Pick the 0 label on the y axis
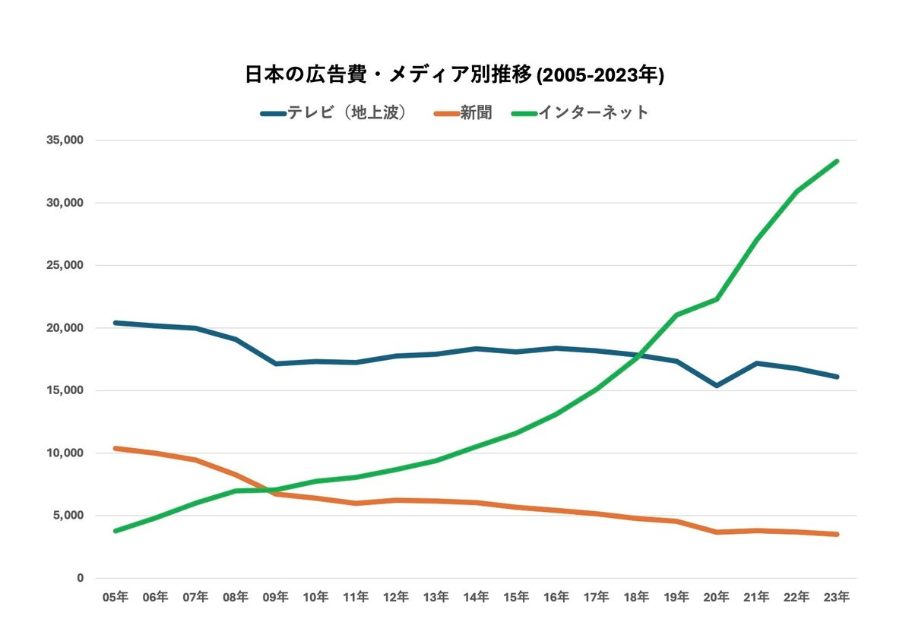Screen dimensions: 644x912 point(79,578)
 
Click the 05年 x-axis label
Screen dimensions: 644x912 point(115,598)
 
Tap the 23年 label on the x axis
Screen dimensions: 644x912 point(837,598)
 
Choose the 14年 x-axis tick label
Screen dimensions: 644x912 point(476,598)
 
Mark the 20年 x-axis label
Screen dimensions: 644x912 point(717,598)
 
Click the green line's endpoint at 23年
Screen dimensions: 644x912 point(837,161)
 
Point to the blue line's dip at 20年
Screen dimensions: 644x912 point(717,386)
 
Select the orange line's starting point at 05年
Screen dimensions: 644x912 point(115,448)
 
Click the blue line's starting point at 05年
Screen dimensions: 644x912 point(115,323)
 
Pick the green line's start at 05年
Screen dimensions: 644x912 point(115,531)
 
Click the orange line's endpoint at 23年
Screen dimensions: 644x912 point(837,535)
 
